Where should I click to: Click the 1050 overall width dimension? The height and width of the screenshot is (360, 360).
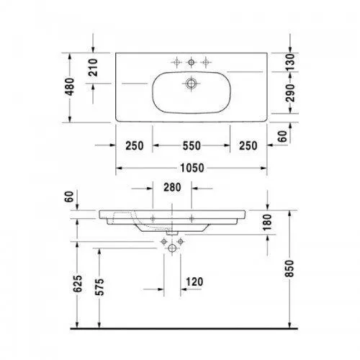click(191, 168)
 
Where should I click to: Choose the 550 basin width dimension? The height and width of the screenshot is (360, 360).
click(191, 145)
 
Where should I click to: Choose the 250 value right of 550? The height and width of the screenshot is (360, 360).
click(248, 145)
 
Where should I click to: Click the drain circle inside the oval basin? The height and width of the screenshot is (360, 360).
click(192, 84)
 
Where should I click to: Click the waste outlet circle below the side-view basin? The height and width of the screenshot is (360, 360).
click(173, 248)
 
